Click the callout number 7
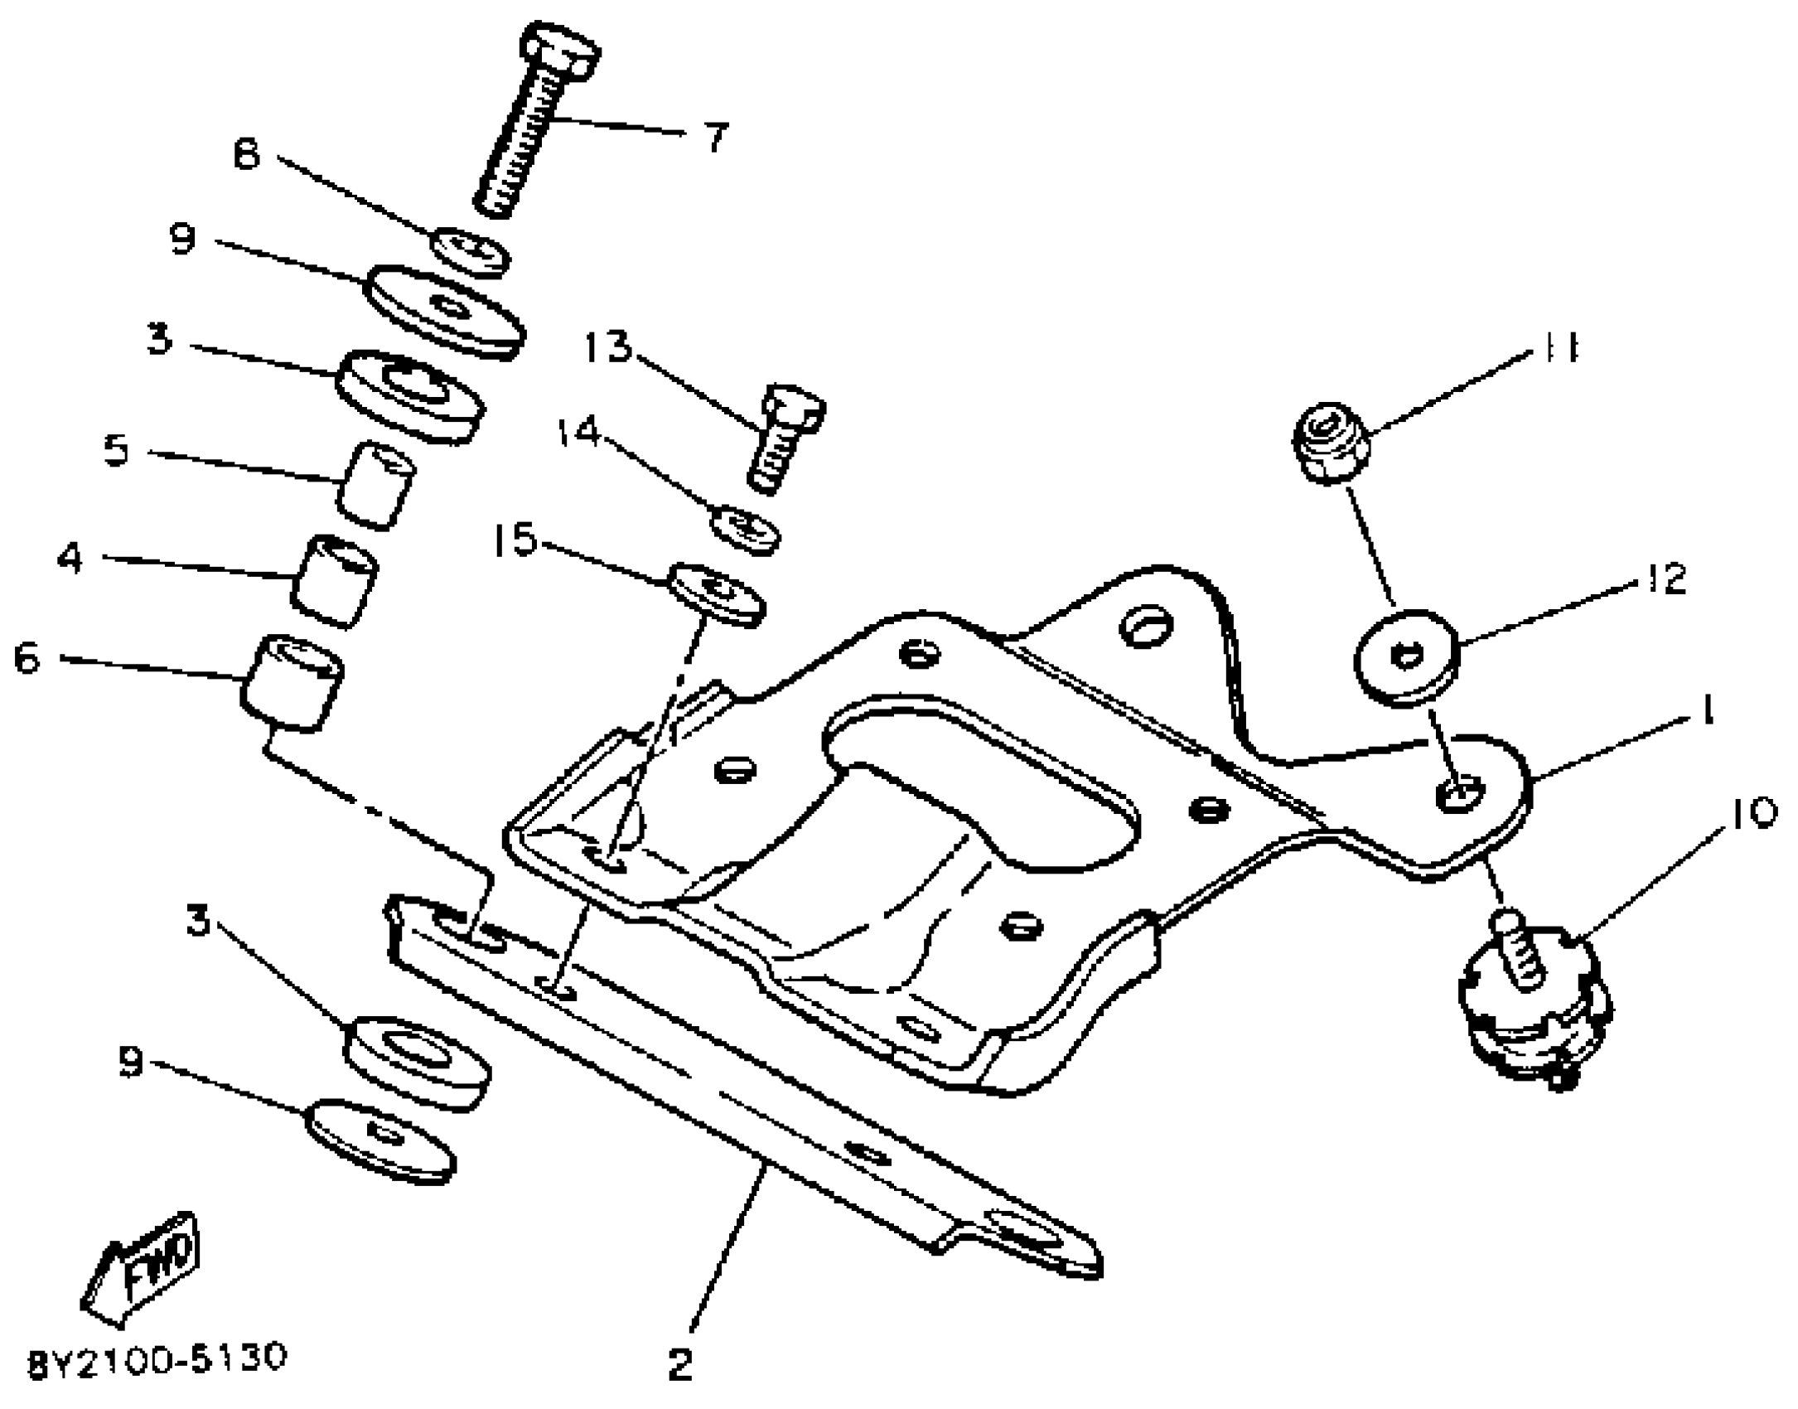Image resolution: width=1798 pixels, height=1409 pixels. click(716, 138)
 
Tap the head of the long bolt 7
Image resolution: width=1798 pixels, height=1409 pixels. click(561, 51)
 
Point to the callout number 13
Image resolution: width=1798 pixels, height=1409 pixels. click(608, 347)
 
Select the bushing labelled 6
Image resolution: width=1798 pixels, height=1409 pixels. click(292, 682)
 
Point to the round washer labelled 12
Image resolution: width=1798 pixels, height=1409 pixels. click(1406, 658)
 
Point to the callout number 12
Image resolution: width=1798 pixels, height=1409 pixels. click(1666, 579)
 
